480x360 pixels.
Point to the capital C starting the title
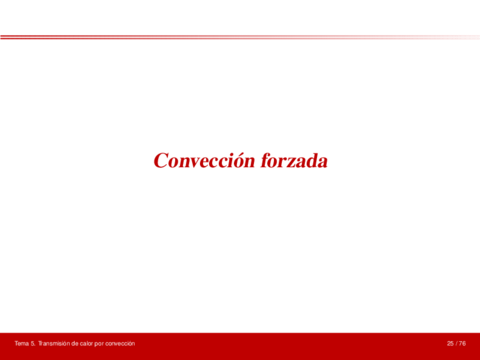pyautogui.click(x=161, y=160)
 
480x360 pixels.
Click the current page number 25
pyautogui.click(x=450, y=344)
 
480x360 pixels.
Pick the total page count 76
pyautogui.click(x=463, y=344)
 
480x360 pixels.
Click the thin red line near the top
pyautogui.click(x=240, y=37)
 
